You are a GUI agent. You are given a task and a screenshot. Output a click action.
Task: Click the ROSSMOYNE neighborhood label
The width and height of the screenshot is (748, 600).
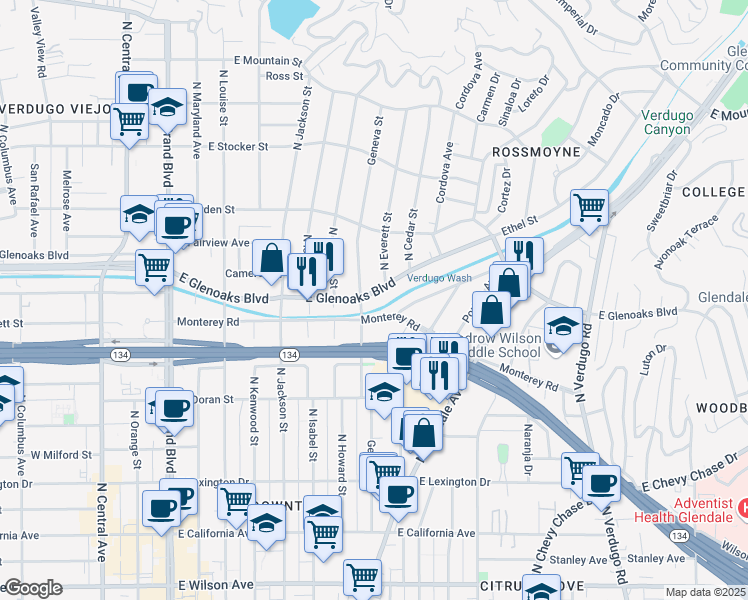(536, 152)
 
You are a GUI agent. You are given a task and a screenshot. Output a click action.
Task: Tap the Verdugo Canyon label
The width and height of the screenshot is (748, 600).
(667, 122)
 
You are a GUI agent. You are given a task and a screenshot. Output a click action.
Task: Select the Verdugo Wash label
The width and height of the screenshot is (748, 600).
(438, 279)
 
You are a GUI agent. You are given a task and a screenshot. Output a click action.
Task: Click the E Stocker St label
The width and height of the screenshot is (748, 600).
(239, 146)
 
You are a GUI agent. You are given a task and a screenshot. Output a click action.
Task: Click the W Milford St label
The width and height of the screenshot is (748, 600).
(61, 455)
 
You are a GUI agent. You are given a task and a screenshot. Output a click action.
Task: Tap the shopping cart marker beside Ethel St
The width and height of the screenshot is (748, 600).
(589, 207)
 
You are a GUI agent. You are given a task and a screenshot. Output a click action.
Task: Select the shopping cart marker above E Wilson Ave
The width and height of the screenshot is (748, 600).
(362, 576)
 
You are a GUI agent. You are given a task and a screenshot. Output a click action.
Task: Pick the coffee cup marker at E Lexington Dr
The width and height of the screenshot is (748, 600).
(398, 492)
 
